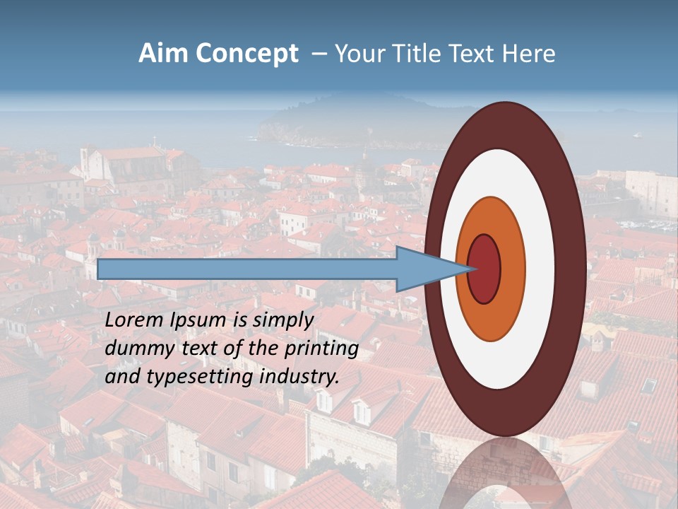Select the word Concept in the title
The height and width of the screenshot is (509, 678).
point(246,54)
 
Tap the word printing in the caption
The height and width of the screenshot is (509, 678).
point(323,349)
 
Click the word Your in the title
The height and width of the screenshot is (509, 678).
point(357,54)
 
